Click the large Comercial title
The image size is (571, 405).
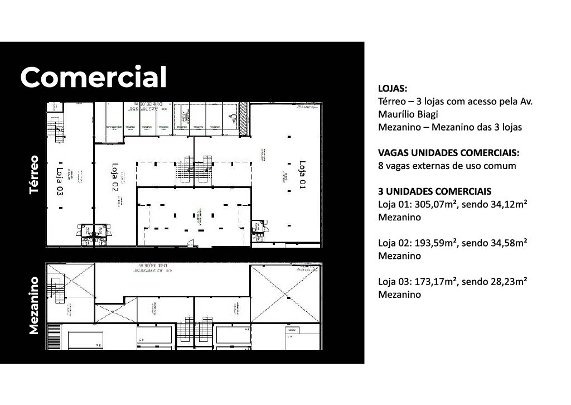(94, 77)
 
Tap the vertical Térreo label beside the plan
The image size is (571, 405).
(35, 175)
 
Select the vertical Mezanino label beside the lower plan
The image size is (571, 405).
(35, 305)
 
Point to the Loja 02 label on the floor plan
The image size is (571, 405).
(115, 178)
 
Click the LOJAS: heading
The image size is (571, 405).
(393, 89)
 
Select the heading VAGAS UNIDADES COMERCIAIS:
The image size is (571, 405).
(448, 153)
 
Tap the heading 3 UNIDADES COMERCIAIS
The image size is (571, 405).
(434, 191)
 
